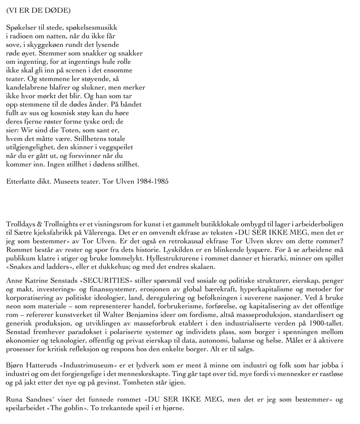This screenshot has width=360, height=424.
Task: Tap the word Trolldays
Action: point(21,224)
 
